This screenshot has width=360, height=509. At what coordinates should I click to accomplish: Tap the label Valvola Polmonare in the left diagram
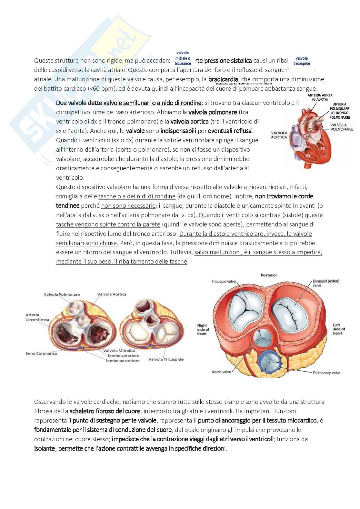point(62,294)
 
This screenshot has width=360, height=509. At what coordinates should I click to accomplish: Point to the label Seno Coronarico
point(41,354)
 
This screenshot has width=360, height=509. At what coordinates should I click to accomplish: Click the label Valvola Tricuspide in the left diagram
point(166,359)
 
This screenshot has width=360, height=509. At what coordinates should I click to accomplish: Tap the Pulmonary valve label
point(326,373)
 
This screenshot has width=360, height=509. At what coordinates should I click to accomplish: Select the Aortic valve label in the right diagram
point(221,372)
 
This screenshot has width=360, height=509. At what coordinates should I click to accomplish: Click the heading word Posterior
point(269,275)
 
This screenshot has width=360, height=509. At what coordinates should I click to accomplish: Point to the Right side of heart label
point(203,329)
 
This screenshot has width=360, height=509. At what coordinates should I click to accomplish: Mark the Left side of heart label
point(339,329)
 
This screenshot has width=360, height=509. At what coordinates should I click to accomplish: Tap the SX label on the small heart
point(322,149)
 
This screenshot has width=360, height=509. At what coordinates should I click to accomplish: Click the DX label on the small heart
point(308,156)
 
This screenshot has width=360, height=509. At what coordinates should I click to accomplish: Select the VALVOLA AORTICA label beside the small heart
point(279,135)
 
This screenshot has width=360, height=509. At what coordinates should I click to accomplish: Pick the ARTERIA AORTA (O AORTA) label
point(320,97)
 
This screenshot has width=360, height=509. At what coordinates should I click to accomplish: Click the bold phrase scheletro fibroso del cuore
point(105,411)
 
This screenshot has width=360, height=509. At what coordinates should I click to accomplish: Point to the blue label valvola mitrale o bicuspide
point(183,58)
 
